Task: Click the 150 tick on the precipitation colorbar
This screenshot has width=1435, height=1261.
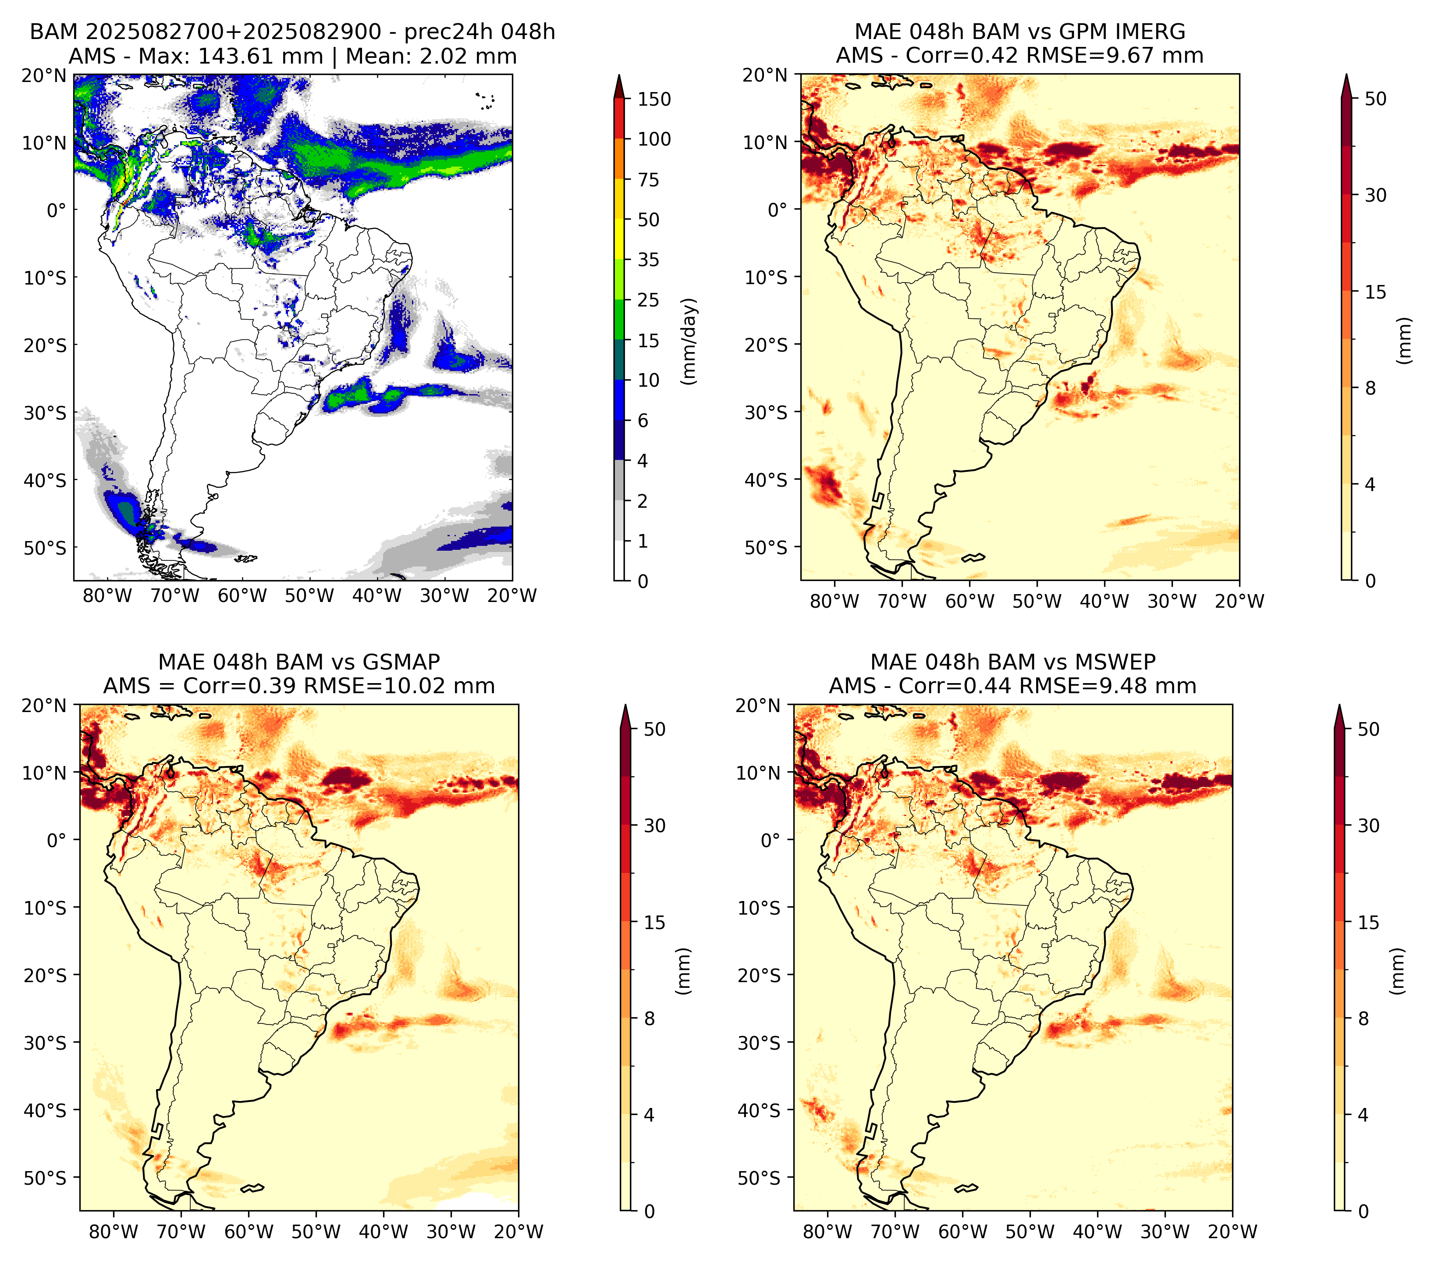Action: tap(654, 99)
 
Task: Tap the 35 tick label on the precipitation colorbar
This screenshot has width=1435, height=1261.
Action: tap(648, 260)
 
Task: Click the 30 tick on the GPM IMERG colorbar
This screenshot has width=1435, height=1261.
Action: tap(1375, 195)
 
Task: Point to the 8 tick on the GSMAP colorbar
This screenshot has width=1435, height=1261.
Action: tap(650, 1018)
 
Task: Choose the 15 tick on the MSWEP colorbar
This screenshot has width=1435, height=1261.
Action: tap(1368, 922)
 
